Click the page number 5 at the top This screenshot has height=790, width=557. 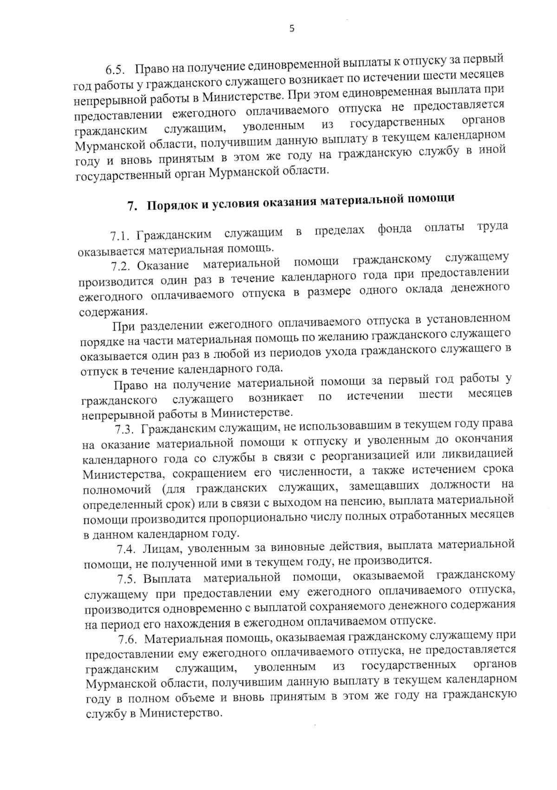click(291, 29)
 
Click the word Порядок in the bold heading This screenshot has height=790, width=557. click(170, 206)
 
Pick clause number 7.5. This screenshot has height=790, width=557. click(127, 580)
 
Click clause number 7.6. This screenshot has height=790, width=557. click(128, 640)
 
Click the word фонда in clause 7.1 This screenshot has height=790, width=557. click(394, 229)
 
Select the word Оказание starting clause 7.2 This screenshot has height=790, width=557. click(163, 266)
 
